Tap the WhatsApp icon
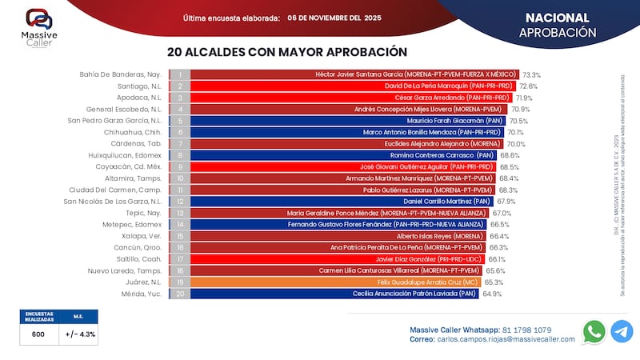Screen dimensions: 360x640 [x=594, y=331]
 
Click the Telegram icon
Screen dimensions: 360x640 [x=621, y=331]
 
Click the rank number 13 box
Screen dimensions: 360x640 [x=180, y=214]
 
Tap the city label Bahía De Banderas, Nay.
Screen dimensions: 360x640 [x=121, y=74]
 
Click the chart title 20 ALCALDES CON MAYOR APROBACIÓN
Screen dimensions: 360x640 [x=282, y=52]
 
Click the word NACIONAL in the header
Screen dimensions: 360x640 [x=557, y=18]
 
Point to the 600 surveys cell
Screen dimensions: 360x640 [x=38, y=334]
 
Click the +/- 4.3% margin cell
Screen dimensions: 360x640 [x=78, y=334]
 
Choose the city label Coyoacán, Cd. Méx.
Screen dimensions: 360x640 [x=129, y=167]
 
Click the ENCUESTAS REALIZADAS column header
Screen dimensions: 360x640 [x=38, y=317]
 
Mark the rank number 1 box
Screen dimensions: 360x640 [x=180, y=74]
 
